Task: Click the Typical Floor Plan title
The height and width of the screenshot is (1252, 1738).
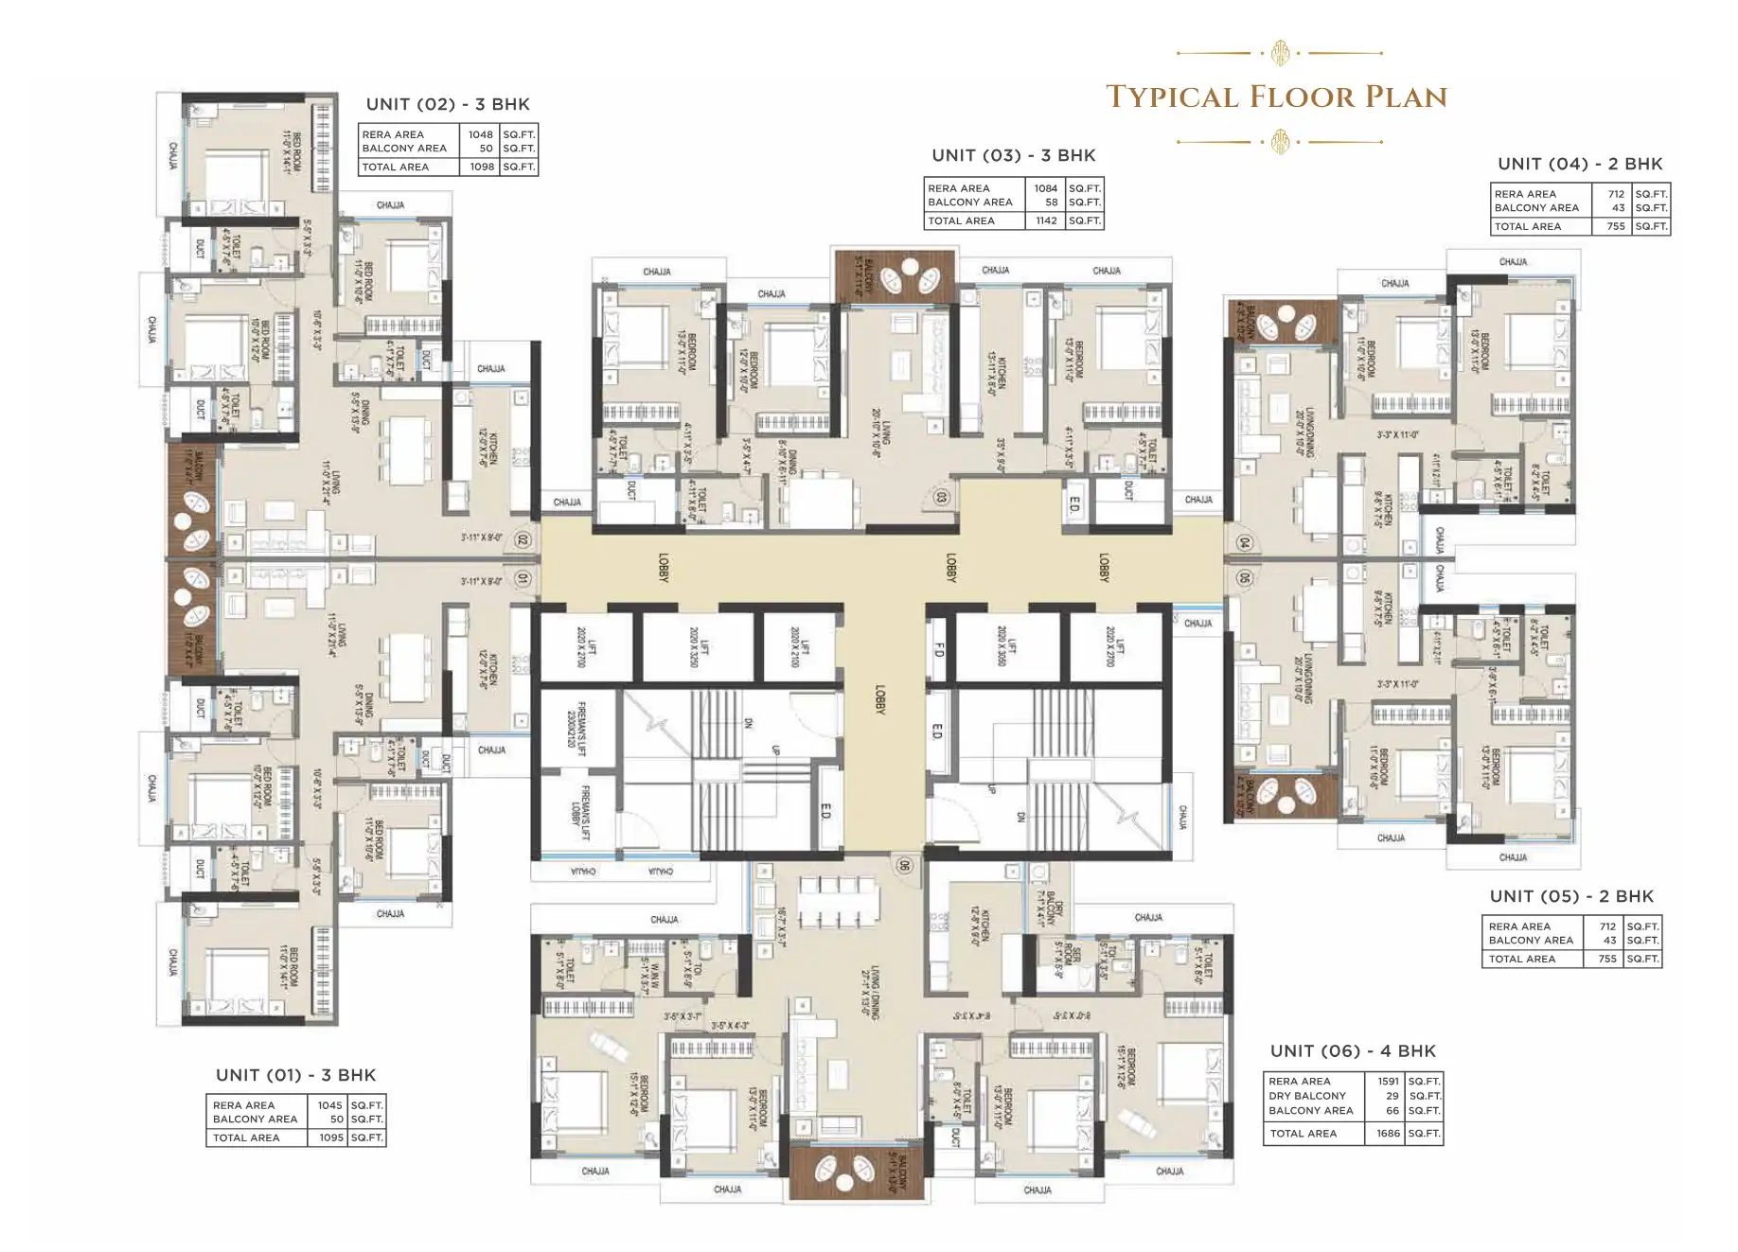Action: click(1276, 97)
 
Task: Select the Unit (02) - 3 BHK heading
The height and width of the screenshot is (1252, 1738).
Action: click(448, 104)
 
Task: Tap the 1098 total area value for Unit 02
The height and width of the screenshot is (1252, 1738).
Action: click(482, 167)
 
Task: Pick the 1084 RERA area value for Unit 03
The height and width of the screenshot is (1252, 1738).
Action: click(1045, 188)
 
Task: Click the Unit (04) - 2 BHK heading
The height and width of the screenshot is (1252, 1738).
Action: click(1580, 164)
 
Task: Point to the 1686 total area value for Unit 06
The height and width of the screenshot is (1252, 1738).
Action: click(1388, 1133)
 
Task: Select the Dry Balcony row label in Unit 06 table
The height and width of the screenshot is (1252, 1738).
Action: click(1306, 1096)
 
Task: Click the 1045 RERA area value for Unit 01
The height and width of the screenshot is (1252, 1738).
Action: click(329, 1105)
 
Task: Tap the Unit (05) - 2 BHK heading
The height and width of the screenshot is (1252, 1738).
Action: click(1571, 896)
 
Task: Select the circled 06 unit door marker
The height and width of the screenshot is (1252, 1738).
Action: click(904, 865)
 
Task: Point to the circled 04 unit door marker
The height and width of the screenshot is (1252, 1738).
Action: click(1244, 543)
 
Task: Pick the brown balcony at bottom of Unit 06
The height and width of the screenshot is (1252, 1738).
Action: click(855, 1172)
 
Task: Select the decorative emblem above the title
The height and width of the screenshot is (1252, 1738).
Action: click(1280, 53)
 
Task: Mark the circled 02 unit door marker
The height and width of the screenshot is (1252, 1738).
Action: click(522, 540)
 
